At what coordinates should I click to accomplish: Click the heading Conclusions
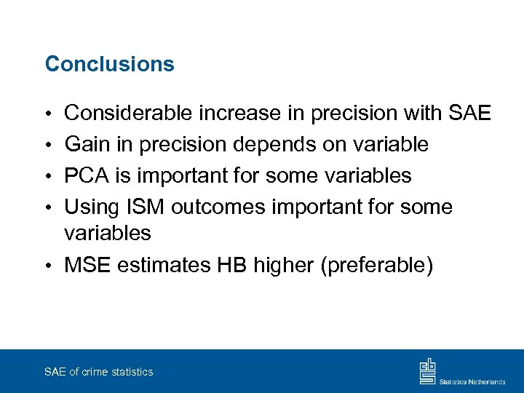(110, 64)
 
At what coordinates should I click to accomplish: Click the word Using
(91, 207)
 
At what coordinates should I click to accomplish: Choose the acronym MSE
(87, 265)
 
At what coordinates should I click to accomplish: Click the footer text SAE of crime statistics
(99, 372)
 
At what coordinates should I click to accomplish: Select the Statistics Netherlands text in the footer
(472, 381)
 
